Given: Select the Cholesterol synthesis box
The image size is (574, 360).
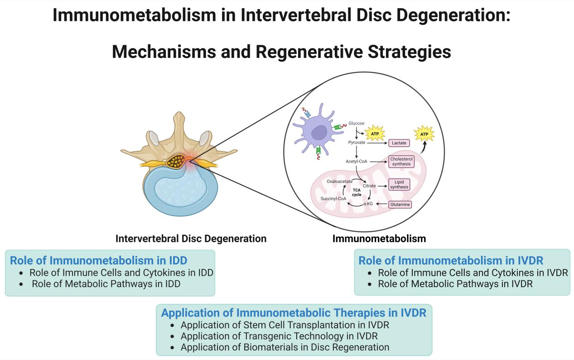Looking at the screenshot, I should click(401, 161).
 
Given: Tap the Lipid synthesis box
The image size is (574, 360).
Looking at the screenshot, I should click(399, 184).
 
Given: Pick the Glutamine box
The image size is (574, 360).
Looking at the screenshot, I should click(400, 205).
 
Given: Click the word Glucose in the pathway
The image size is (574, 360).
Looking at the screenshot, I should click(357, 123).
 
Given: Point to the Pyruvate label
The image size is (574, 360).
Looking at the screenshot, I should click(357, 143).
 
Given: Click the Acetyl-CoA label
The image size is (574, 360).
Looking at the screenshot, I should click(356, 161).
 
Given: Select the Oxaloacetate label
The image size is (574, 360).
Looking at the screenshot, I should click(340, 181).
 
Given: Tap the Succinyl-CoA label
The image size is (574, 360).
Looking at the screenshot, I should click(333, 199).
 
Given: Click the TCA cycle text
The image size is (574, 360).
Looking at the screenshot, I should click(357, 192).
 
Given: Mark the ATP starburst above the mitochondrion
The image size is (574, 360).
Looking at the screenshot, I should click(424, 134).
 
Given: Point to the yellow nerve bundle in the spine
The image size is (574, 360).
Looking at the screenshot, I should click(176, 160).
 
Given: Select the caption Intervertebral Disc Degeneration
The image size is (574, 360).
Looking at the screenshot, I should click(191, 238).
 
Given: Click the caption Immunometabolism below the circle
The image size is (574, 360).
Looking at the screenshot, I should click(379, 238).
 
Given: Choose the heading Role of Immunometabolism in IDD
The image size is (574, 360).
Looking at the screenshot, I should click(98, 260).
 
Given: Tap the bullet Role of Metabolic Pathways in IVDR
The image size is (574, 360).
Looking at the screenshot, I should click(455, 284).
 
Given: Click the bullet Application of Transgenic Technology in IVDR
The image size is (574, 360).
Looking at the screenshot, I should click(279, 336).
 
